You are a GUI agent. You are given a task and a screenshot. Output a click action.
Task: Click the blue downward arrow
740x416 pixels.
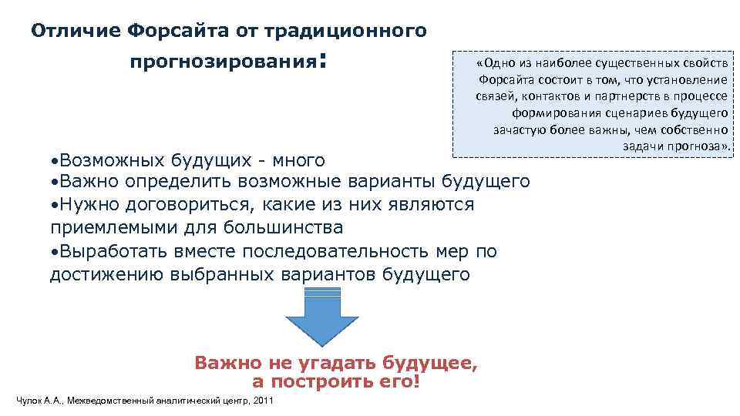coord(322,317)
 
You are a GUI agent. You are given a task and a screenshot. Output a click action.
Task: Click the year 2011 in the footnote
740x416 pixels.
coord(263,401)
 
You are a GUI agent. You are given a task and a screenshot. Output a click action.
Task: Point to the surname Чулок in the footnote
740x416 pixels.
coord(29,401)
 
